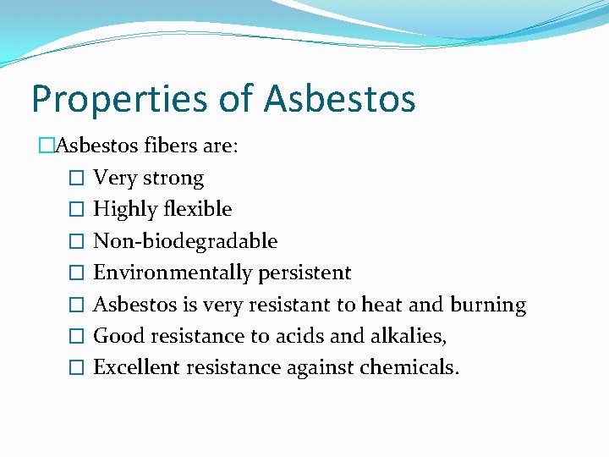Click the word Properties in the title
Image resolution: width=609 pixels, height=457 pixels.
118,99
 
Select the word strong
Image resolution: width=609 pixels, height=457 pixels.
173,179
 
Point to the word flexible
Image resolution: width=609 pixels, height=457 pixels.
198,210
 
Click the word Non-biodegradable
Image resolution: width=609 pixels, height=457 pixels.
185,241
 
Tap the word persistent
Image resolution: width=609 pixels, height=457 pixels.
304,273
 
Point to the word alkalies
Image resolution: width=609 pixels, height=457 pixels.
414,336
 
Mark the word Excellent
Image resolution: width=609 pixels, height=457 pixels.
131,367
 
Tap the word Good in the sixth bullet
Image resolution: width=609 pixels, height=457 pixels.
112,336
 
